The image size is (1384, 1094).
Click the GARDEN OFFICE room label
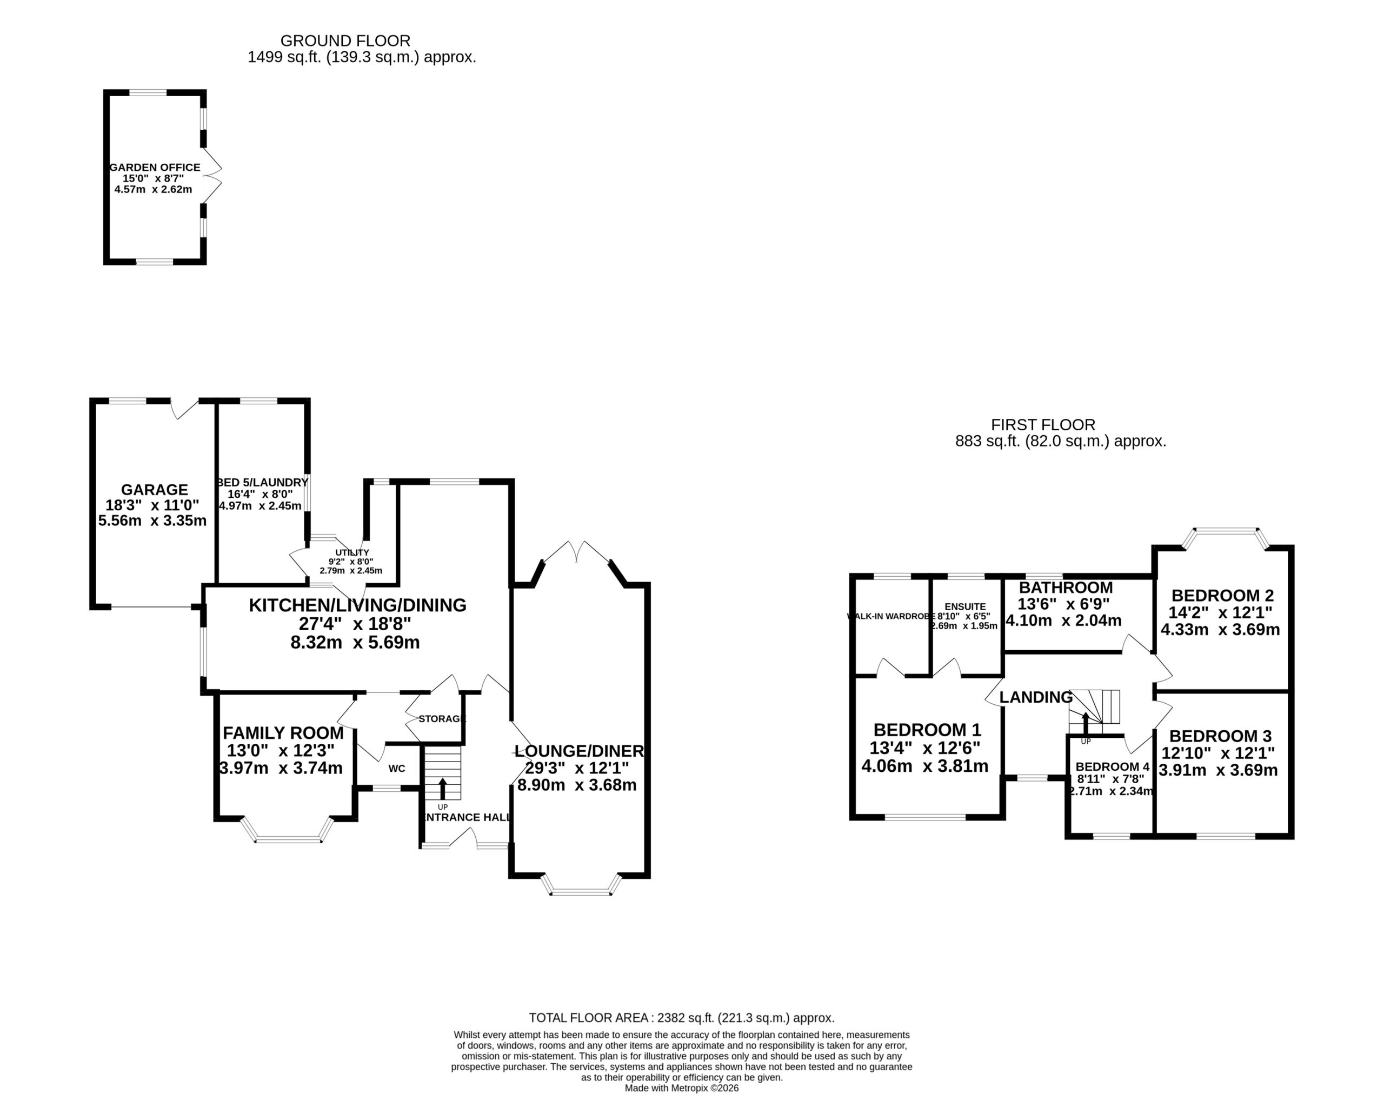click(155, 167)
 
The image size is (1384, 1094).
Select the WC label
click(397, 768)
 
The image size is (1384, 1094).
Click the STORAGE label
click(442, 719)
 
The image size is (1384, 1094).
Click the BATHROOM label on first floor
click(1066, 588)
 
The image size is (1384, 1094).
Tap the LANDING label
click(1036, 697)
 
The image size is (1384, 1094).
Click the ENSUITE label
click(966, 606)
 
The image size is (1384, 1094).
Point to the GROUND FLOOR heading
click(345, 41)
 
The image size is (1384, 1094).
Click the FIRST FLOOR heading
click(1043, 425)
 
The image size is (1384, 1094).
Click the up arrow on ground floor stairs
click(442, 789)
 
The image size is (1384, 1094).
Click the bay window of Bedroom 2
click(1226, 539)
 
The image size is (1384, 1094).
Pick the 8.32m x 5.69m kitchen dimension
click(356, 643)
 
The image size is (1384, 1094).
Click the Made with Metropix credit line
click(682, 1088)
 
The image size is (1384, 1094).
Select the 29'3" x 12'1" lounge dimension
click(577, 768)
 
